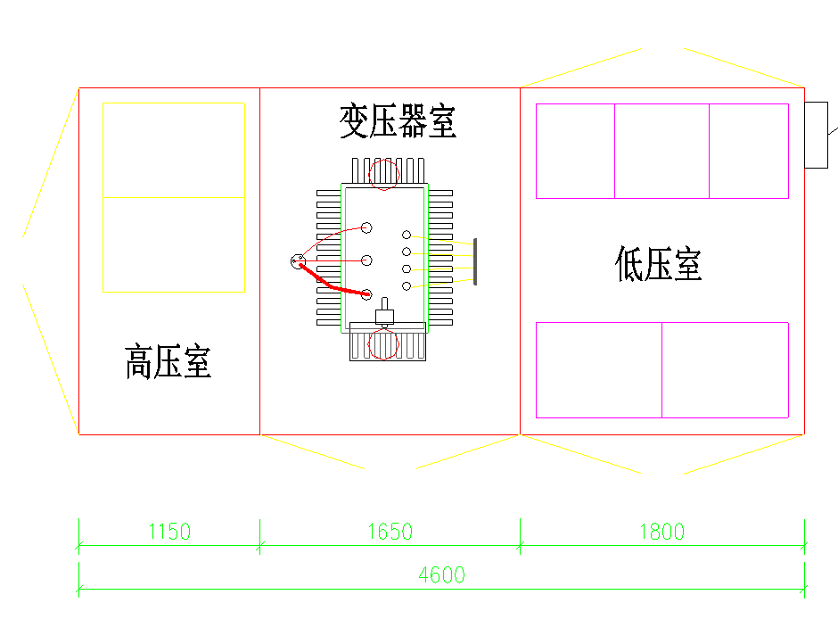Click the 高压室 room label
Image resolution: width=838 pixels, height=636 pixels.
[x=168, y=362]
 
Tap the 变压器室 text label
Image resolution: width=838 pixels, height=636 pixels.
[x=398, y=121]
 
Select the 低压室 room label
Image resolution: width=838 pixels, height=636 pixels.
[x=659, y=264]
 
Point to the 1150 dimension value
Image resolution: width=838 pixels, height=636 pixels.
[x=169, y=533]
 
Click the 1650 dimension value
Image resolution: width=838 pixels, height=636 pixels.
[x=390, y=533]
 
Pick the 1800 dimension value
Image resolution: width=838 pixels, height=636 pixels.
[x=661, y=533]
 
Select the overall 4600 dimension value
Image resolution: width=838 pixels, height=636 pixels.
[x=442, y=575]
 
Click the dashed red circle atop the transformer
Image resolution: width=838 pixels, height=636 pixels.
[x=384, y=173]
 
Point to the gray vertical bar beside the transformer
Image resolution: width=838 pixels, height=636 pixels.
[x=475, y=261]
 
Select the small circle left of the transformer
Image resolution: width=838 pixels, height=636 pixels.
[x=299, y=260]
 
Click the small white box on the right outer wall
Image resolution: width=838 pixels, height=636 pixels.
[x=816, y=135]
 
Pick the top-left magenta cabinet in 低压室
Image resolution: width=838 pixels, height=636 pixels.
[x=575, y=151]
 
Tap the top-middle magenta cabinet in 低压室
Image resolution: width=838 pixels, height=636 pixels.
[x=661, y=151]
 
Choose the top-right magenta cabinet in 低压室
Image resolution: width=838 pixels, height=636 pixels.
[x=749, y=151]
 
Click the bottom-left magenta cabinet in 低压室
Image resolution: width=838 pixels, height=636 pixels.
[x=598, y=369]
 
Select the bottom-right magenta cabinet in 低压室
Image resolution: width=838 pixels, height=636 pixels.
[x=725, y=369]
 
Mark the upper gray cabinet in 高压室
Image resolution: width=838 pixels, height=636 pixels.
[x=174, y=150]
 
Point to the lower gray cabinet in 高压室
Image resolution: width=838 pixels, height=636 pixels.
[x=174, y=244]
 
